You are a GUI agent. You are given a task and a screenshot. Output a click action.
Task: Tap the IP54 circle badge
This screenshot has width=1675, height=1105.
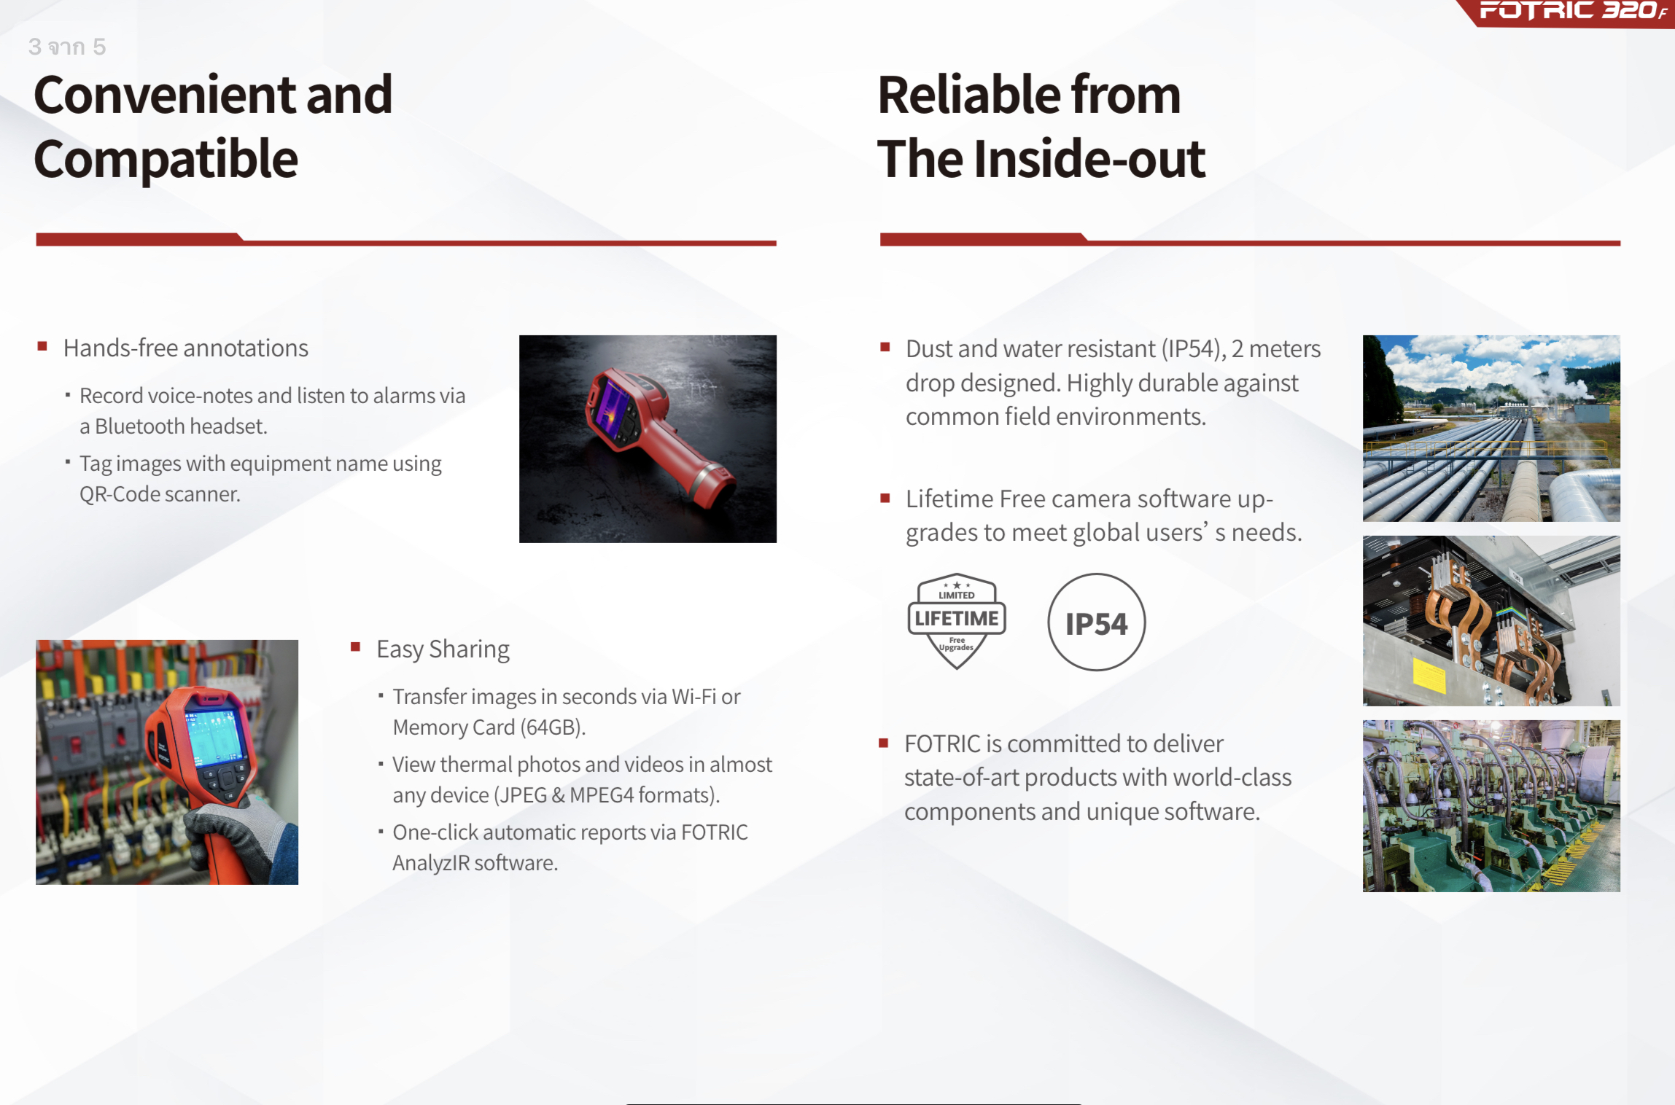[1096, 622]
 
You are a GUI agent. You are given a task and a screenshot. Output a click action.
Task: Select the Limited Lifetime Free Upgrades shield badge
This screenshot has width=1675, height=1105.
[957, 621]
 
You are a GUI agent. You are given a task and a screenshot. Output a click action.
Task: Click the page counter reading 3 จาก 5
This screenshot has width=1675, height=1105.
[67, 47]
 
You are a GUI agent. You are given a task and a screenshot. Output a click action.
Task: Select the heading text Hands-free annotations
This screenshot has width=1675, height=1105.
[186, 348]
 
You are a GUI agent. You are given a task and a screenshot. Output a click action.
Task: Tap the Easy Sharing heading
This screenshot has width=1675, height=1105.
[443, 649]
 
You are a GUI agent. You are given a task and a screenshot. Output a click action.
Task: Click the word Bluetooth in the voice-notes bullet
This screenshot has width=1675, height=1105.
[140, 426]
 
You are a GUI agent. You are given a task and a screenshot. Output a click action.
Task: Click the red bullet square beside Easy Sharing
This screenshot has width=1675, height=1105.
[356, 647]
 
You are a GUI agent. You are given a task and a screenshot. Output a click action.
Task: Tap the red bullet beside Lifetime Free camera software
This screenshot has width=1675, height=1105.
[885, 498]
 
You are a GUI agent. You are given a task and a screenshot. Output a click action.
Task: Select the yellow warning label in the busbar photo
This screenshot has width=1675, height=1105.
[1429, 675]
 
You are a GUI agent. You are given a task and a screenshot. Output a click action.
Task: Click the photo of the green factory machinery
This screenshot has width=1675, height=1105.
[1491, 805]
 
